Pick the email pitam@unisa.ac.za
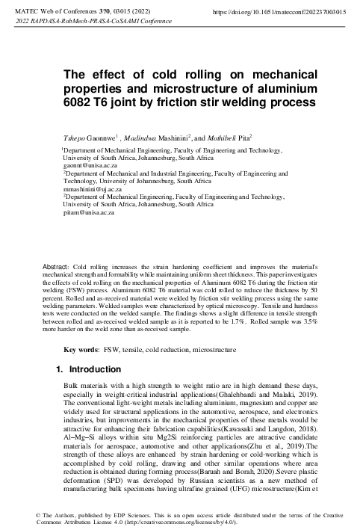tap(87, 213)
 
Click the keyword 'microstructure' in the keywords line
tap(219, 350)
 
